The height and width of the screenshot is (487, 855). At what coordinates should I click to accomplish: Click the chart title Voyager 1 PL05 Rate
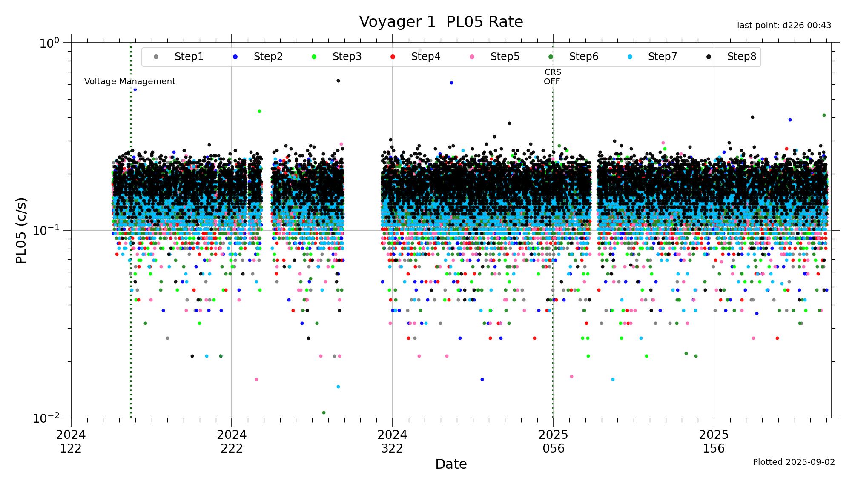pyautogui.click(x=441, y=22)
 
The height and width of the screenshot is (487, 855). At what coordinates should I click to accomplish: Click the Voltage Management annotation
pyautogui.click(x=130, y=81)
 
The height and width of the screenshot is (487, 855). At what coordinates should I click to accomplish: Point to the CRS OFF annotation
pyautogui.click(x=553, y=77)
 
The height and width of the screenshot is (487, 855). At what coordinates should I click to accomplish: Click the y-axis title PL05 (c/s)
pyautogui.click(x=21, y=230)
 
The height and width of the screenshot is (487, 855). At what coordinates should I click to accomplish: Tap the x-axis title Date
pyautogui.click(x=451, y=464)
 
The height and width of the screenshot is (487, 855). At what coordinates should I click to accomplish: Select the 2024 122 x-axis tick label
pyautogui.click(x=71, y=441)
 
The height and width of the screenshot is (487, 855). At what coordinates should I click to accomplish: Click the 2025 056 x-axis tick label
pyautogui.click(x=553, y=441)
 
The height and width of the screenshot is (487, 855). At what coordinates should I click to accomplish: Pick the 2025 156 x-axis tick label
pyautogui.click(x=714, y=441)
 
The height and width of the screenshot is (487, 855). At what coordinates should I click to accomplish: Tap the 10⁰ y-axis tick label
pyautogui.click(x=49, y=43)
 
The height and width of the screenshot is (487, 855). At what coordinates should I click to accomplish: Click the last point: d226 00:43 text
pyautogui.click(x=784, y=26)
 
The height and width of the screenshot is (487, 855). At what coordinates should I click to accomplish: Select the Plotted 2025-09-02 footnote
pyautogui.click(x=794, y=462)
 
